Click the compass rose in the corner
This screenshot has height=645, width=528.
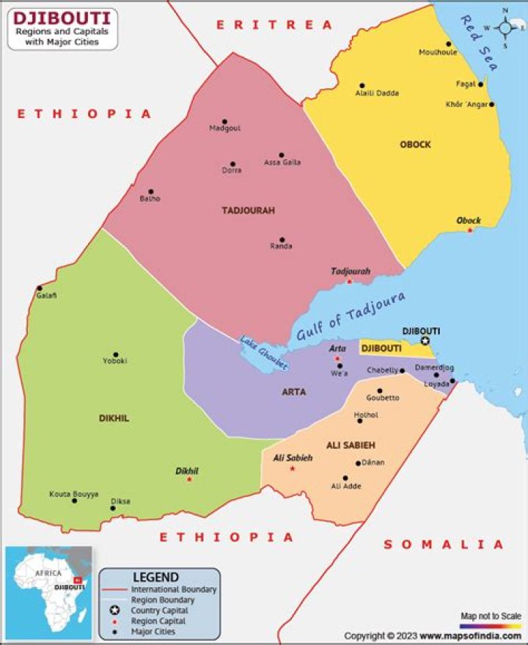point(506,28)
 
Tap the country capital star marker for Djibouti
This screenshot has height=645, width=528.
point(425,341)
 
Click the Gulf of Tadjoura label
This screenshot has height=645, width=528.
point(351,316)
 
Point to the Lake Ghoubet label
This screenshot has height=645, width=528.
point(263,352)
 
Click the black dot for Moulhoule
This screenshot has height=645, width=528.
point(449,44)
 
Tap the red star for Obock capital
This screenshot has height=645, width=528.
point(470,230)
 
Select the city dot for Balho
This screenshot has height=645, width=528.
point(151,192)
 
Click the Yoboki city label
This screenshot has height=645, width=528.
point(115,361)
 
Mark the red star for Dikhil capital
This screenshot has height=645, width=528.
point(189,479)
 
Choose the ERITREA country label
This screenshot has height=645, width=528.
point(274,25)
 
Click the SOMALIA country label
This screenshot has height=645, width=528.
point(444,544)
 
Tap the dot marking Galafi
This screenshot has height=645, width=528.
point(40,288)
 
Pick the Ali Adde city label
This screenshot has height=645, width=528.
point(346,486)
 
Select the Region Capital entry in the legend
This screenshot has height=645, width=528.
point(159,621)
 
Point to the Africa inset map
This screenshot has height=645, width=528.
point(48,591)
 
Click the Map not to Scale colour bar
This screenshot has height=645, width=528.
point(491,626)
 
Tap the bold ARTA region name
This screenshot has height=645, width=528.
point(293,392)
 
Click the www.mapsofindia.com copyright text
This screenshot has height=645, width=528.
point(470,636)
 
